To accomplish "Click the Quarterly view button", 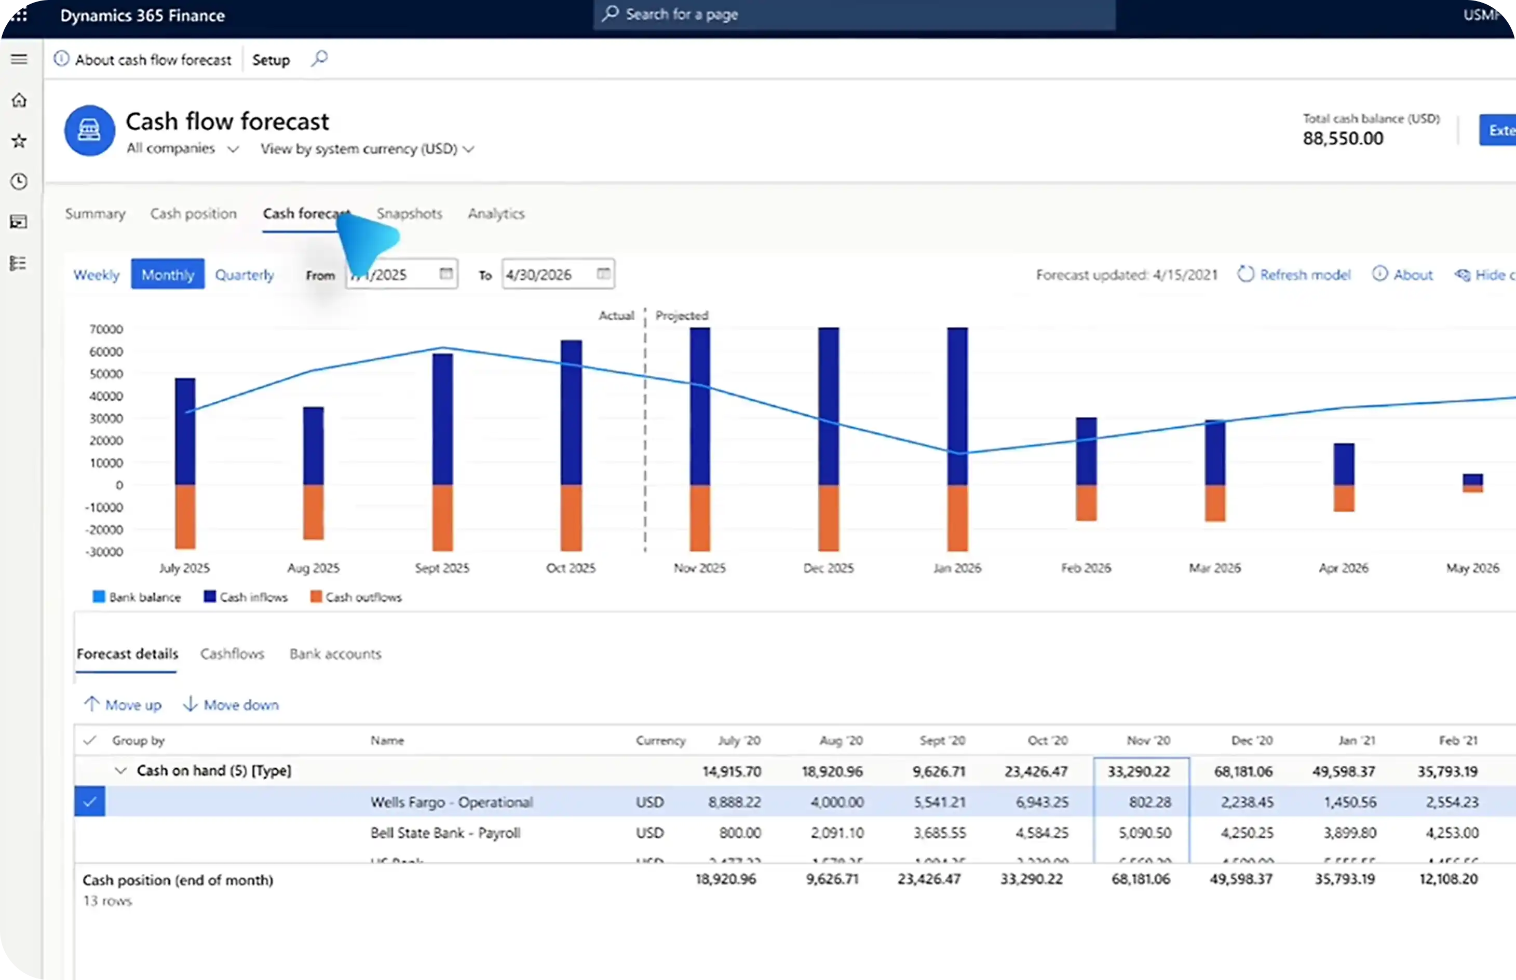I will point(245,275).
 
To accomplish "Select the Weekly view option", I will point(96,275).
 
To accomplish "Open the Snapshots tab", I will point(409,214).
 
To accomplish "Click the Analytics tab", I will point(496,214).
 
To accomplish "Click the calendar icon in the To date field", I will point(603,274).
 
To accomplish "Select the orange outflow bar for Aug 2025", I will point(313,512).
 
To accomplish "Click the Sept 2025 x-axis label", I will point(442,568).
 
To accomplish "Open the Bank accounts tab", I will point(335,654).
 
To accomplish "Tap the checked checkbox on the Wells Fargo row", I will point(90,802).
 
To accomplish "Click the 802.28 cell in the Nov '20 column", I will point(1149,802).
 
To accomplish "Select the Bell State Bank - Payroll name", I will point(445,833).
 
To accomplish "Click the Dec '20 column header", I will point(1251,741).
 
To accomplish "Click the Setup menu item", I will point(271,60).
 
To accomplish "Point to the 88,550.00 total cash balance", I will point(1343,139).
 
